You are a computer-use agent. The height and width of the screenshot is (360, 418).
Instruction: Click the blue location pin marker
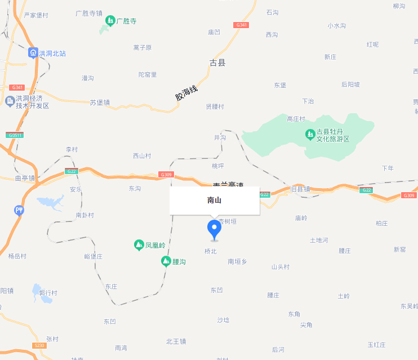pos(214,229)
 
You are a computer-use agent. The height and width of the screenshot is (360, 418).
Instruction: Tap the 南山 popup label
pos(214,200)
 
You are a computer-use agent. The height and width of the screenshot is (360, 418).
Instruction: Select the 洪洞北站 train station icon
pos(33,53)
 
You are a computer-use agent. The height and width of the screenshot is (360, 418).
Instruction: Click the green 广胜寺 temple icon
pos(110,21)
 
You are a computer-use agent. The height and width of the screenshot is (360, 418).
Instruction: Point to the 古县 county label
pos(217,63)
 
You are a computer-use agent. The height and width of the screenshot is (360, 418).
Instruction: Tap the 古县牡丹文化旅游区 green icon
pos(309,135)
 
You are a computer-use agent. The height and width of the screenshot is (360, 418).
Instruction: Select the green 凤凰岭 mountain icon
pos(139,245)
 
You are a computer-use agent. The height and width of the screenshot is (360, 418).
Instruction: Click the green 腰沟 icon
pos(166,261)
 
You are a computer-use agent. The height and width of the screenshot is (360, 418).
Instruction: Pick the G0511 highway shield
pos(15,135)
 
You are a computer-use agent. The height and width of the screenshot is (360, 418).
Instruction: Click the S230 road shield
pos(39,345)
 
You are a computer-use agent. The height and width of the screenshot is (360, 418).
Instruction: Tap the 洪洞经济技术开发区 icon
pos(10,101)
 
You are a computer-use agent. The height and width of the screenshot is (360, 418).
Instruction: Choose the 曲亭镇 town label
pos(25,178)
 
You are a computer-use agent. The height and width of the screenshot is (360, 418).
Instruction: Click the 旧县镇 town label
pos(300,189)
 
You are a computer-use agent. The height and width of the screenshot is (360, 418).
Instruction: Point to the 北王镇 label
pos(176,341)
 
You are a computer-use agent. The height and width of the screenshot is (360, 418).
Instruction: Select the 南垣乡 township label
pos(237,261)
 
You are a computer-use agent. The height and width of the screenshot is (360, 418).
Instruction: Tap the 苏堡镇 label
pos(100,103)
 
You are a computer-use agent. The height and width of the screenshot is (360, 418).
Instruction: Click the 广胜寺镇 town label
pos(89,13)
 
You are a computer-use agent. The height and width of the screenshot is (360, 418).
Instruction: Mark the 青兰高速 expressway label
pos(228,184)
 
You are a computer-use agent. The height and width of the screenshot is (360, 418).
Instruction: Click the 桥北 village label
pos(210,251)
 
